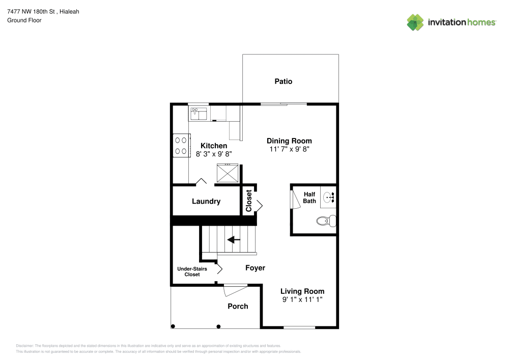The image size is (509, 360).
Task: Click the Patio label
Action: pyautogui.click(x=284, y=81)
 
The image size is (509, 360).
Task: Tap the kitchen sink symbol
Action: pyautogui.click(x=199, y=113)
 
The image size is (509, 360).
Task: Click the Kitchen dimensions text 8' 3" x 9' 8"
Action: pyautogui.click(x=214, y=153)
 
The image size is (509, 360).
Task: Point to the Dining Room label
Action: pyautogui.click(x=289, y=141)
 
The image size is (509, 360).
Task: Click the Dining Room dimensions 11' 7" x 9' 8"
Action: pyautogui.click(x=289, y=149)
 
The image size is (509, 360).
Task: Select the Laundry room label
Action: pyautogui.click(x=206, y=202)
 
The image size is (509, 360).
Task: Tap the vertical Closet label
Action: pyautogui.click(x=249, y=201)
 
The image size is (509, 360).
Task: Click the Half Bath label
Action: pyautogui.click(x=309, y=198)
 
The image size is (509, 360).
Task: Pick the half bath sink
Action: pyautogui.click(x=328, y=196)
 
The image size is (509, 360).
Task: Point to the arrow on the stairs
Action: pyautogui.click(x=234, y=239)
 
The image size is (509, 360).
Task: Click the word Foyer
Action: pyautogui.click(x=255, y=268)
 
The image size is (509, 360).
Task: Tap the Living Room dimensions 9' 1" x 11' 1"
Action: pyautogui.click(x=302, y=300)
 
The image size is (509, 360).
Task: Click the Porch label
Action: pyautogui.click(x=238, y=306)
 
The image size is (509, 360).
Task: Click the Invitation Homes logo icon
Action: pyautogui.click(x=415, y=22)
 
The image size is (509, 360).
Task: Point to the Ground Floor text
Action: pyautogui.click(x=24, y=20)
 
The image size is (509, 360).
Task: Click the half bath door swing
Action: pyautogui.click(x=294, y=198)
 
